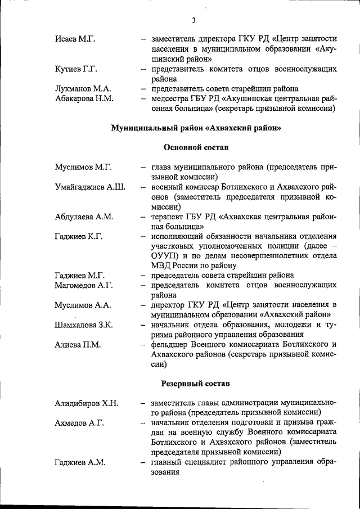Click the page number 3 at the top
click(x=193, y=21)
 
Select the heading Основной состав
click(x=196, y=147)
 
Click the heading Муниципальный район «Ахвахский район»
click(x=196, y=128)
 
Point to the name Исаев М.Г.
click(x=75, y=39)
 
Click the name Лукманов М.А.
click(x=83, y=89)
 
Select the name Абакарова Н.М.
click(x=85, y=99)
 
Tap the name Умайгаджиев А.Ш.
click(x=90, y=187)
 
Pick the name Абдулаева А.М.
click(x=84, y=217)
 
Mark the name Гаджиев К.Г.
click(x=79, y=236)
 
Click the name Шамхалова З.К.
click(x=84, y=325)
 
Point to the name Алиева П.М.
click(x=78, y=344)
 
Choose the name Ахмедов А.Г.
click(x=79, y=423)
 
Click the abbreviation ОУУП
click(x=165, y=256)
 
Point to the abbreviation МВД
click(x=162, y=265)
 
